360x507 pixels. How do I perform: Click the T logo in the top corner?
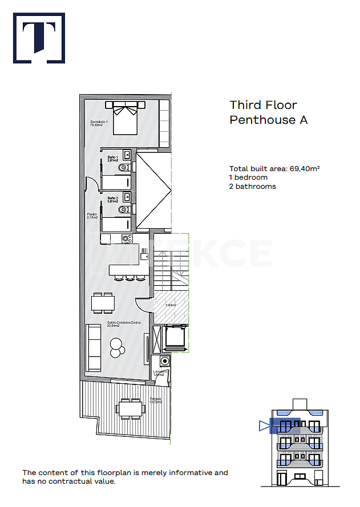(39, 38)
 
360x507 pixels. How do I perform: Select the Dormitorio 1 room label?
(99, 123)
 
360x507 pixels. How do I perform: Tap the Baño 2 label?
(112, 200)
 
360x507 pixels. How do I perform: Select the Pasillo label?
(92, 216)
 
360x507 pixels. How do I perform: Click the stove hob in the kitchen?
(126, 238)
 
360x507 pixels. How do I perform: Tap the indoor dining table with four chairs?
(103, 302)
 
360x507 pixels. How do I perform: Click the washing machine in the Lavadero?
(164, 361)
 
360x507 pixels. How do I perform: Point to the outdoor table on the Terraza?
(129, 408)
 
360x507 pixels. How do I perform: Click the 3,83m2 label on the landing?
(171, 305)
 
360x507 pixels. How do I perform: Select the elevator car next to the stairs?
(175, 337)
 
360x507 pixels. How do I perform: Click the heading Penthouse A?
(268, 120)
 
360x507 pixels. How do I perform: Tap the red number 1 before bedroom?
(230, 177)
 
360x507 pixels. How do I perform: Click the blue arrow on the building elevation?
(263, 425)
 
